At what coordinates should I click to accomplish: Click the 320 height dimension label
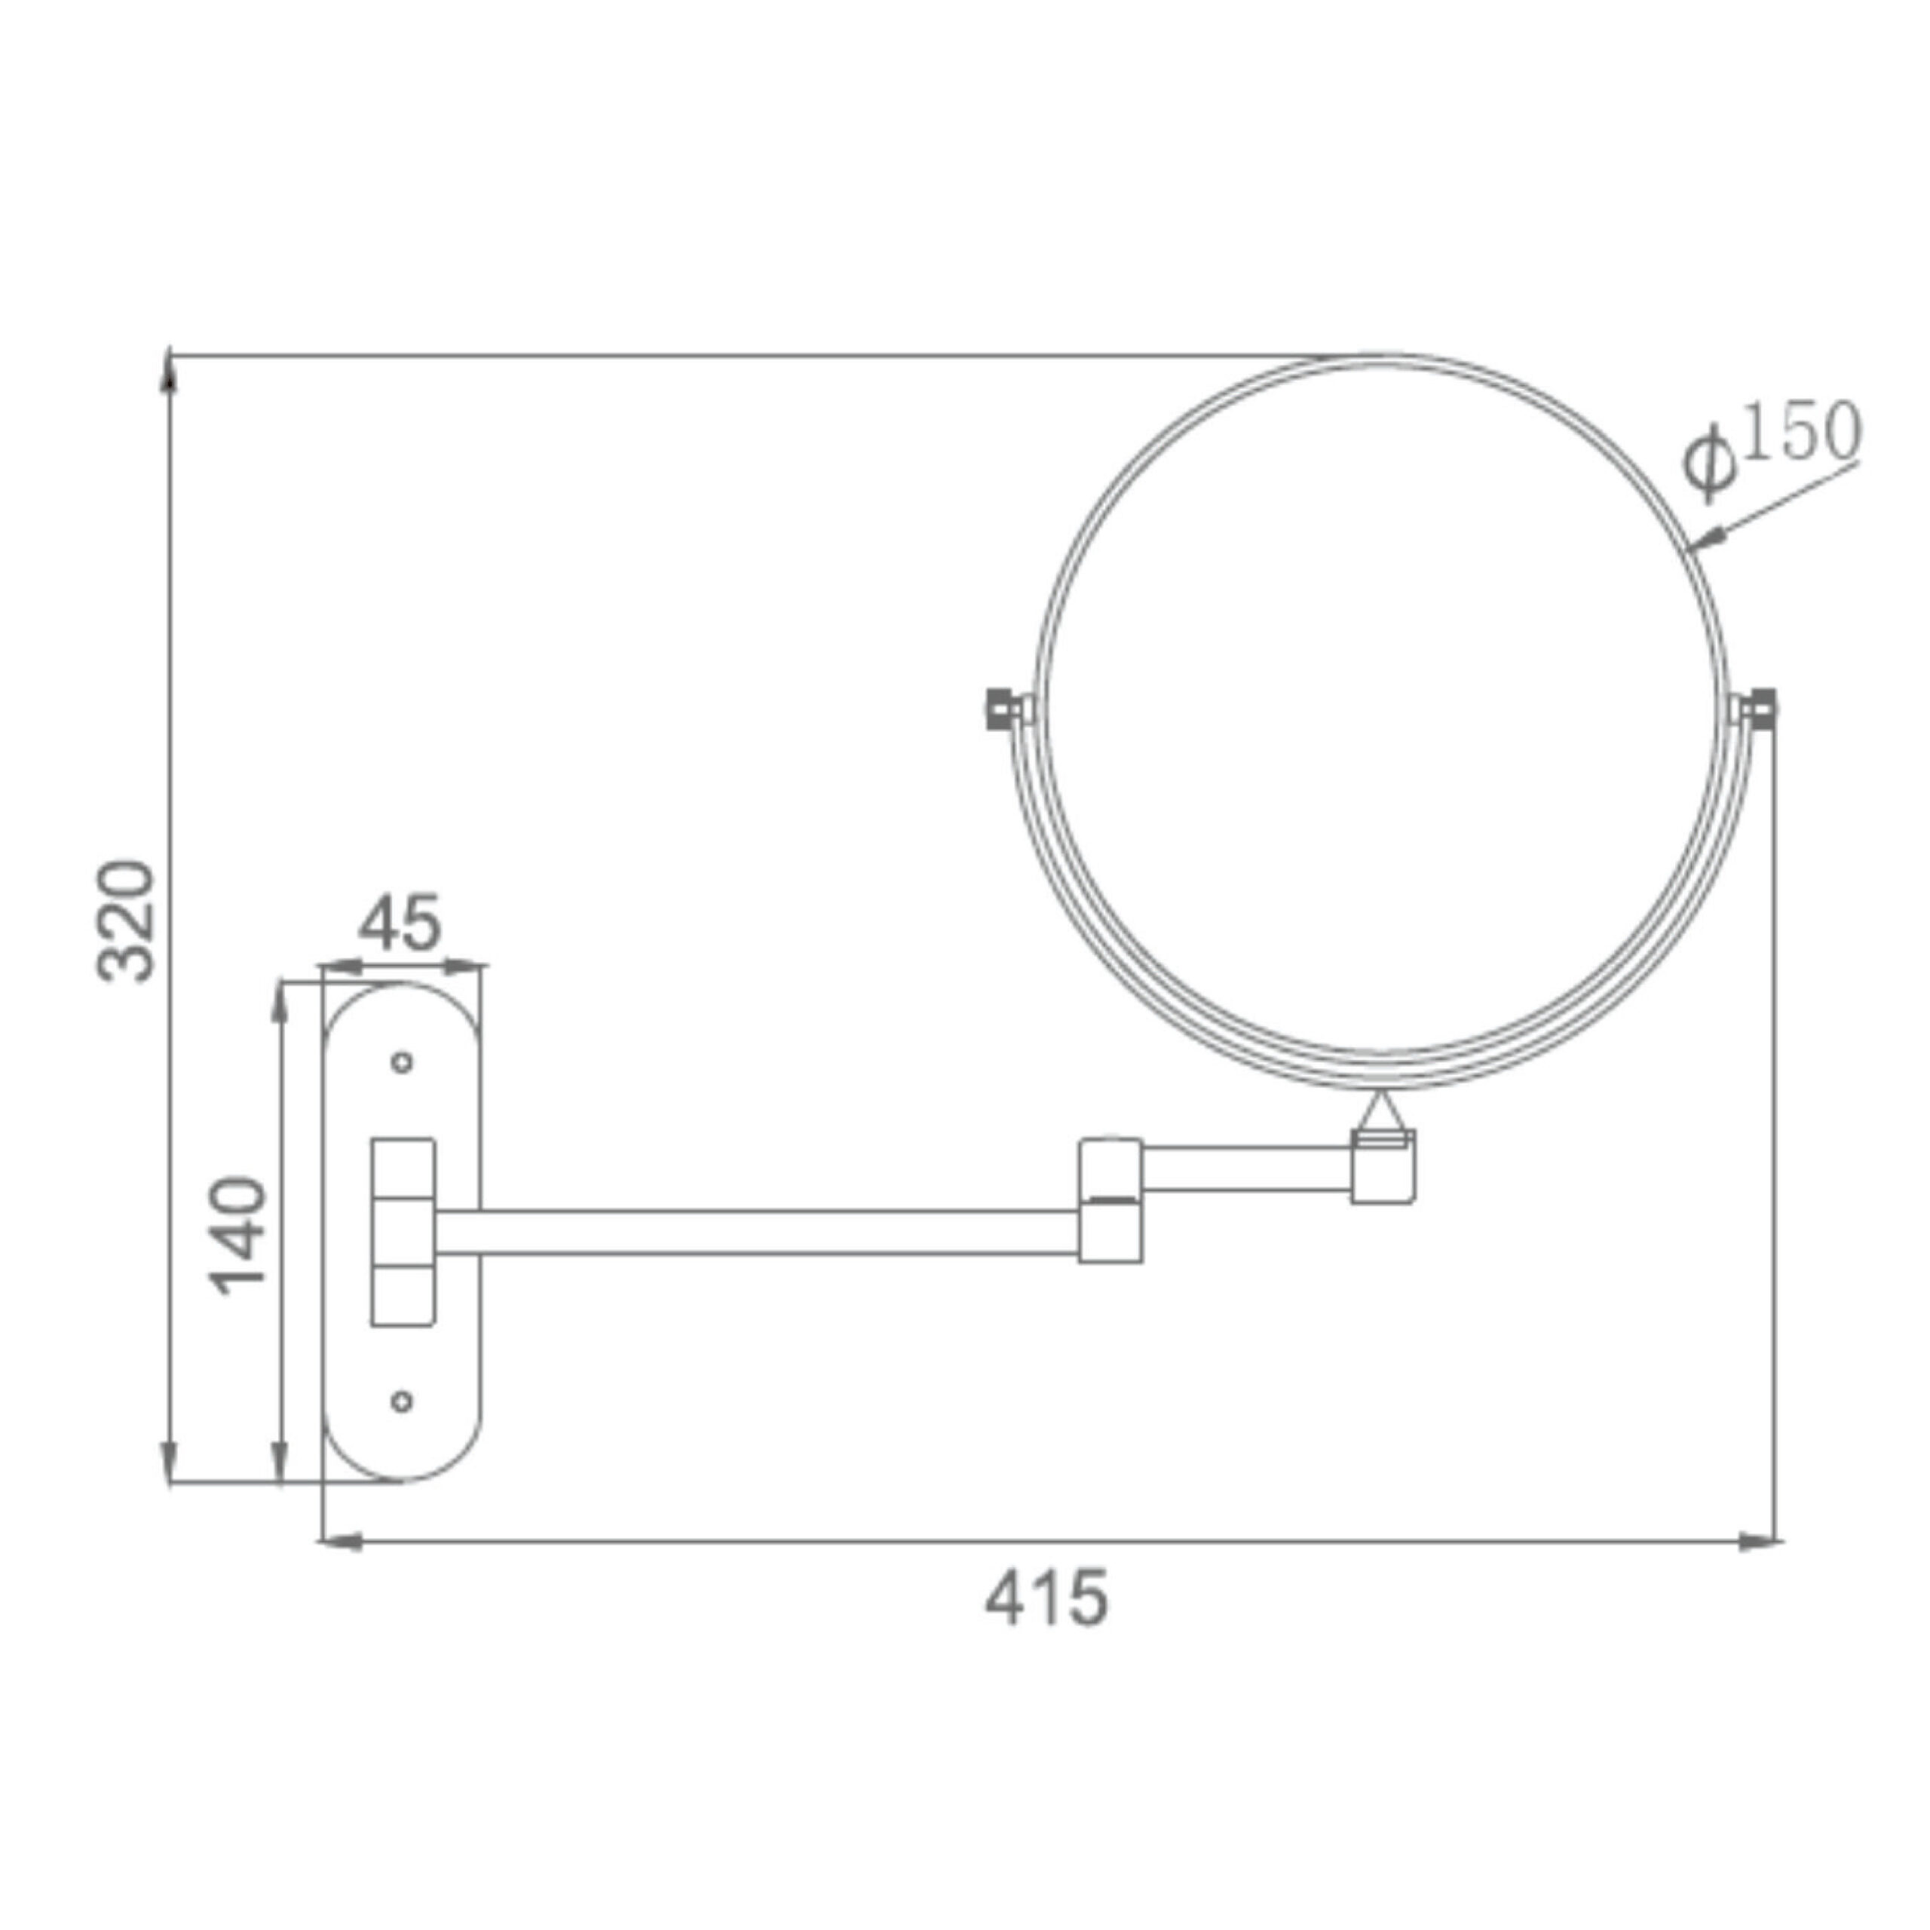(x=127, y=920)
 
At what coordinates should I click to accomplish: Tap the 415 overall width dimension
(x=1046, y=1598)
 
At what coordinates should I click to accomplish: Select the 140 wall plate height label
(x=240, y=1236)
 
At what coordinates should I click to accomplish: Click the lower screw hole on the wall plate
(x=403, y=1402)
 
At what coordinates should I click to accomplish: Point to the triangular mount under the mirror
(x=1382, y=1111)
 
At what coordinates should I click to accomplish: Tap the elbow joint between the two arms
(x=1111, y=1199)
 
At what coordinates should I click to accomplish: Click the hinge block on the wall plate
(x=403, y=1232)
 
